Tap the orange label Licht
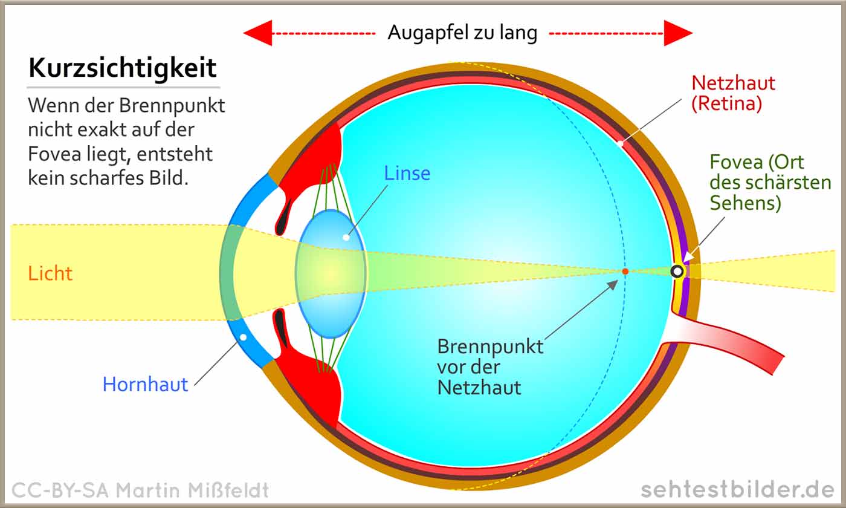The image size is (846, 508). pos(50,273)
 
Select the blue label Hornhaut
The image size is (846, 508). pos(146,385)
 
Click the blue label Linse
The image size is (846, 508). pos(407,174)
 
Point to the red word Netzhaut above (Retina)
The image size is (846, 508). pos(733,83)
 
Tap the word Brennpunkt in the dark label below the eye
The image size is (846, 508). pos(490,347)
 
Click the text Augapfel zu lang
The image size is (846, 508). pos(462,33)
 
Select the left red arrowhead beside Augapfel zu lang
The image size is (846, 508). pos(259,33)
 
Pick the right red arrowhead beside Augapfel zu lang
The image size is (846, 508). pos(678,33)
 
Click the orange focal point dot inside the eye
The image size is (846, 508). pos(625,272)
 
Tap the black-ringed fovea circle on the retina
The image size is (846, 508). pos(677,272)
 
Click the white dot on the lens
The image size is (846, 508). pos(346,237)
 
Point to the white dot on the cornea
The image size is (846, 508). pos(243,337)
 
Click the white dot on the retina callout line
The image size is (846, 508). pos(620,143)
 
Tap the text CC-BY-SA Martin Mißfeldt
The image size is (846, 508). pos(140,490)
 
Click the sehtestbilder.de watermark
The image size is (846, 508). pos(738,490)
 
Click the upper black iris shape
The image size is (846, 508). pos(283,217)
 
